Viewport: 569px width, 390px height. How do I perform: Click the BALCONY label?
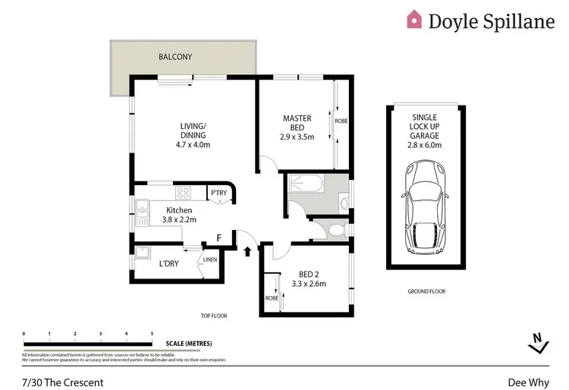[x=175, y=57]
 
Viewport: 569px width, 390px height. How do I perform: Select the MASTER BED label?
[x=297, y=124]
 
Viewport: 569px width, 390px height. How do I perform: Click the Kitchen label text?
[x=180, y=210]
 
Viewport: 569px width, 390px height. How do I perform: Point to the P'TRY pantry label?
[x=218, y=193]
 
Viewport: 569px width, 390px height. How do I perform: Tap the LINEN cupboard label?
[x=210, y=260]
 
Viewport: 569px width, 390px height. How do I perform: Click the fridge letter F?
[x=218, y=237]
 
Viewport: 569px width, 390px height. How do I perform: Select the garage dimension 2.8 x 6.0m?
[x=425, y=145]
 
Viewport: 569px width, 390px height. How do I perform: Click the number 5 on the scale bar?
[x=152, y=333]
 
